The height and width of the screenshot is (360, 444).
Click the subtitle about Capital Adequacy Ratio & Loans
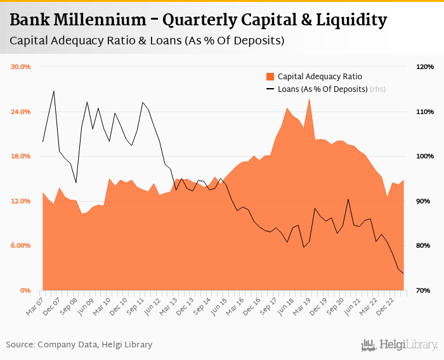(147, 41)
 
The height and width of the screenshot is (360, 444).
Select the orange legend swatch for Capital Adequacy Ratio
(270, 77)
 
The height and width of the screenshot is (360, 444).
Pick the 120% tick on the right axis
(424, 67)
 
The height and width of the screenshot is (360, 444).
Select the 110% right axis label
(424, 112)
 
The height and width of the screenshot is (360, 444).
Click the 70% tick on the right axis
(424, 290)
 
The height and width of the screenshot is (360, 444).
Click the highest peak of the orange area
(309, 99)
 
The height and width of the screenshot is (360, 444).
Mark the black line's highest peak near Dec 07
(54, 91)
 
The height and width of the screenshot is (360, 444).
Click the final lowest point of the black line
(403, 274)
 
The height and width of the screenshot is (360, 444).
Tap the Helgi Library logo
(400, 345)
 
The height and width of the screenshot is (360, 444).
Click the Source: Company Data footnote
(79, 345)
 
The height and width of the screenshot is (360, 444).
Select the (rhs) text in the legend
(378, 89)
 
